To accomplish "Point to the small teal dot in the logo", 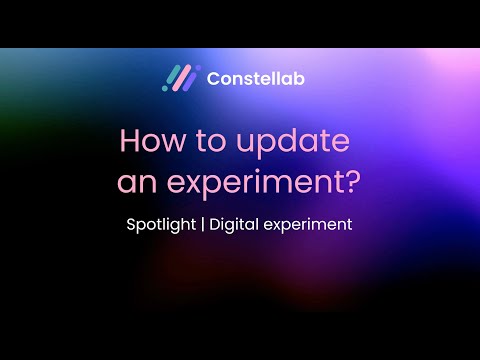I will (x=165, y=87).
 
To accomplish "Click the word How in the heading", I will (x=151, y=141).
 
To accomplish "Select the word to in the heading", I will (x=208, y=141).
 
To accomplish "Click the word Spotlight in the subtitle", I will (x=162, y=225).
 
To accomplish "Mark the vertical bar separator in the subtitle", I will (x=203, y=225).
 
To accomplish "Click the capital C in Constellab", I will (x=214, y=77).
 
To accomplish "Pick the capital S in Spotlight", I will (x=131, y=224).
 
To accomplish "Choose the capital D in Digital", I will (x=214, y=224).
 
